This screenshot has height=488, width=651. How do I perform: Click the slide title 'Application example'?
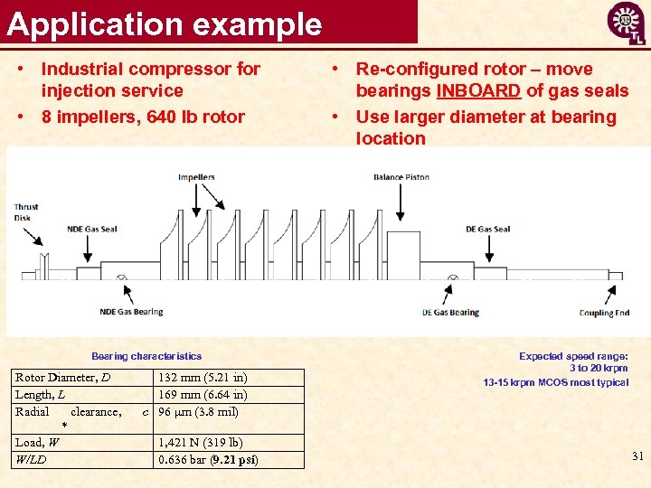[x=165, y=23]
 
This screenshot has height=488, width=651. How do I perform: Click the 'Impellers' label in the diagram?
[x=196, y=177]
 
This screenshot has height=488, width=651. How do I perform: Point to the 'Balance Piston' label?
[x=401, y=177]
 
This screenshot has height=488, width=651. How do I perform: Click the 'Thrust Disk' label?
[x=26, y=212]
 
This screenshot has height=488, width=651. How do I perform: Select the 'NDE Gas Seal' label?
[x=91, y=229]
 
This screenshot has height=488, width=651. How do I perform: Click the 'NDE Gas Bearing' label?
[x=131, y=312]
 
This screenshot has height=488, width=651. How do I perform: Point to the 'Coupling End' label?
[x=604, y=313]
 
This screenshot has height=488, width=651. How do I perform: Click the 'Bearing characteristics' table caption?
[x=146, y=356]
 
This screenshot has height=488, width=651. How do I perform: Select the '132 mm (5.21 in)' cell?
[x=203, y=378]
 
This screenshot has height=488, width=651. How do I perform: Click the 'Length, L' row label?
[x=40, y=395]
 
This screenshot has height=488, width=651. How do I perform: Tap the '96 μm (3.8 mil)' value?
[x=198, y=412]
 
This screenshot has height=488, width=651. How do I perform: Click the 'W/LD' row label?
[x=31, y=460]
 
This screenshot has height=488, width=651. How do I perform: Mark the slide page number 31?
[x=637, y=456]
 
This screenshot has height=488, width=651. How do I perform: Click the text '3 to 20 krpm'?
[x=599, y=369]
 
